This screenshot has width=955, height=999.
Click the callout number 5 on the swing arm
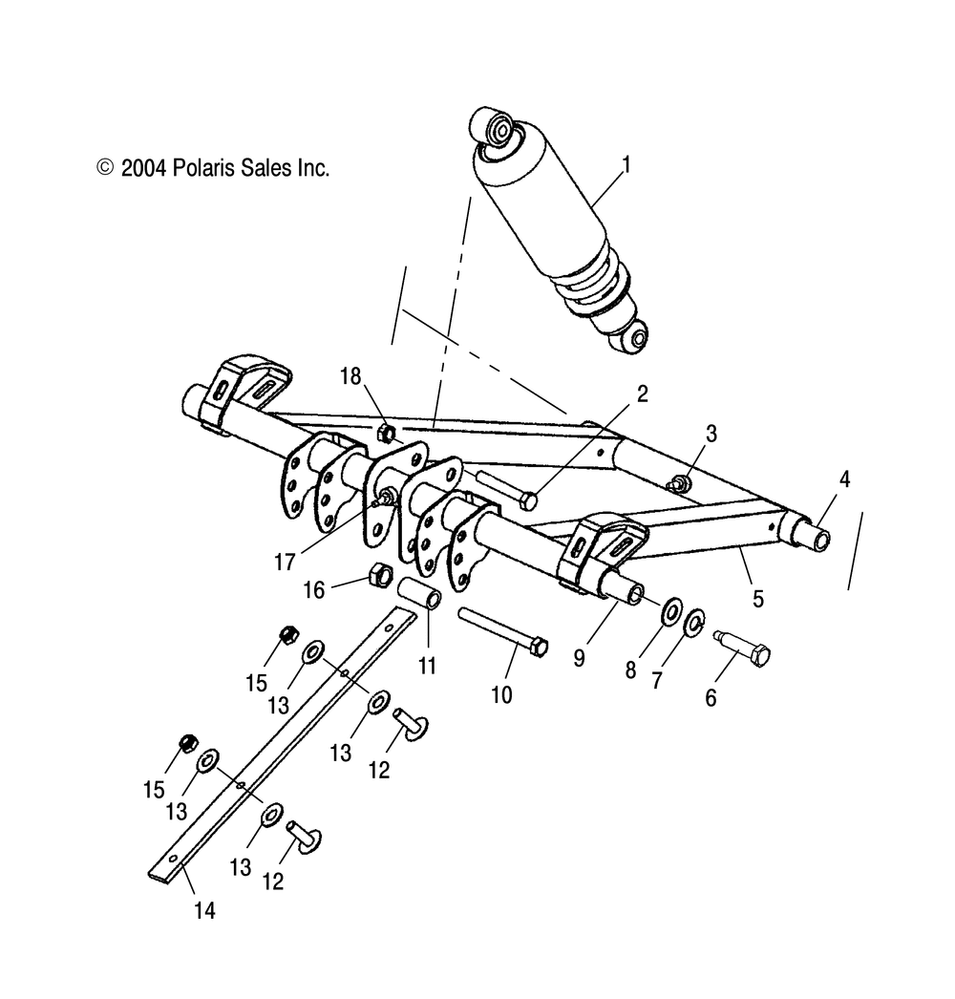coord(758,599)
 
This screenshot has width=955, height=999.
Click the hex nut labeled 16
coord(377,574)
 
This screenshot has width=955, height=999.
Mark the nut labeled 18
coord(387,432)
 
